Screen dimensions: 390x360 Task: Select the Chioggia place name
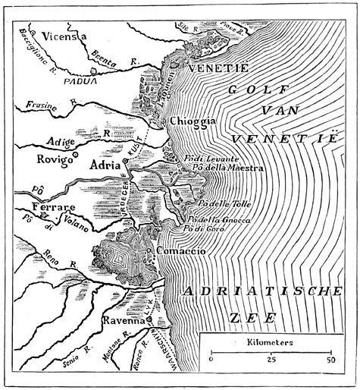195,121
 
